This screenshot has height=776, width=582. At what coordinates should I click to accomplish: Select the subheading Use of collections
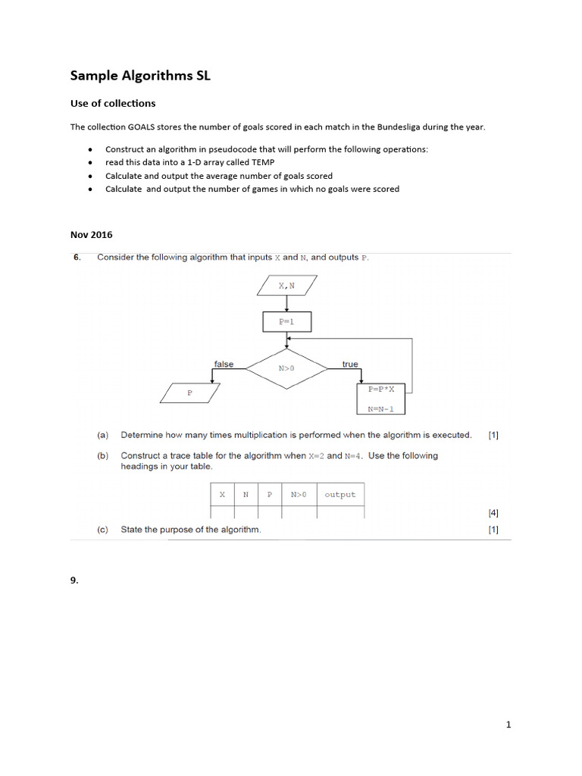pos(113,103)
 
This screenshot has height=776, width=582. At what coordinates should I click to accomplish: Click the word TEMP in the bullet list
pos(262,162)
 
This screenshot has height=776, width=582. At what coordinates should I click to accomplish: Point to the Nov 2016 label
pos(91,235)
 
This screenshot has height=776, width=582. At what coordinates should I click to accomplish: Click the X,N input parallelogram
pos(286,286)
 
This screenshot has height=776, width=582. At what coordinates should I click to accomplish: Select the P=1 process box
pos(286,321)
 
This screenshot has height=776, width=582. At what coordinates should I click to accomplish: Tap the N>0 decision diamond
pos(286,369)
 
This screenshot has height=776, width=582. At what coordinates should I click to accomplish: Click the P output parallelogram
pos(190,393)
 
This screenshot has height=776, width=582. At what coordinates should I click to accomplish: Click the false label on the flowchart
pos(224,364)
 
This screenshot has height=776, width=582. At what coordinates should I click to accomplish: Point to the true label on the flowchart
pos(349,364)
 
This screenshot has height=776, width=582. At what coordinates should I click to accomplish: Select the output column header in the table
pos(339,495)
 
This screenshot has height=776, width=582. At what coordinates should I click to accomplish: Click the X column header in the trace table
pos(222,495)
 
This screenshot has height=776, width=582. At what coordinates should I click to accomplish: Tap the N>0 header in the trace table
pos(299,495)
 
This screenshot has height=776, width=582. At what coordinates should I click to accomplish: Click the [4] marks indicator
pos(493,513)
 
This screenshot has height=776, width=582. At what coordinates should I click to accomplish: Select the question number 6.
pos(77,258)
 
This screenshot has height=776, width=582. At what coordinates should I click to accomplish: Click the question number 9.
pos(74,580)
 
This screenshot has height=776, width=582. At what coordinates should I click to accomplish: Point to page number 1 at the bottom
pos(508,724)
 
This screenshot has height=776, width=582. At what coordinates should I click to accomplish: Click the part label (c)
pos(102,530)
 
